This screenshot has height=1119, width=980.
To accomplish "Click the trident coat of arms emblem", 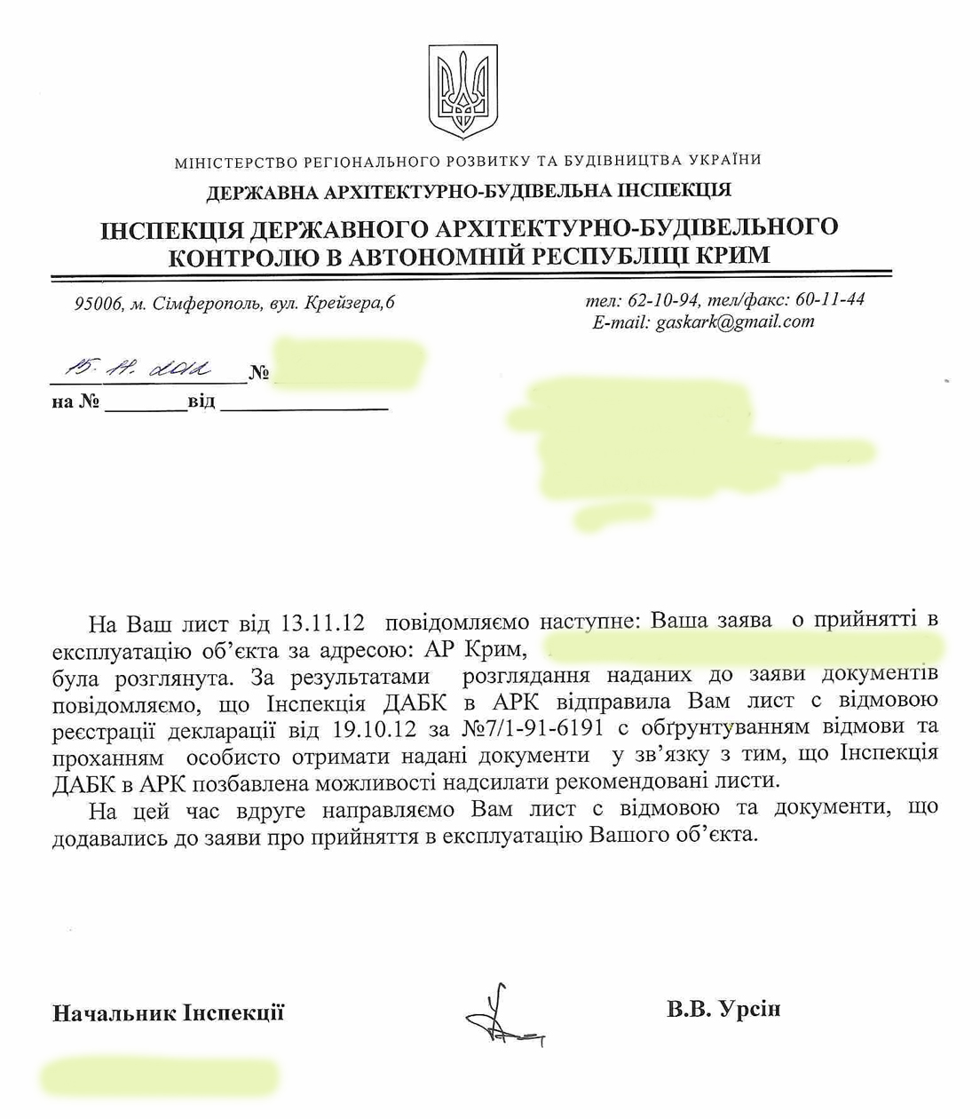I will coord(463,91).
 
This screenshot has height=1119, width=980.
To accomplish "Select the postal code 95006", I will coord(99,305).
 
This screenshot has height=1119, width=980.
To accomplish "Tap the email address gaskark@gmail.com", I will coord(735,321).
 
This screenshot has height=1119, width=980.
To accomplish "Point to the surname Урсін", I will coord(749,1009).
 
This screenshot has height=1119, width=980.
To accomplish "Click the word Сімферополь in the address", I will coord(207,305).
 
